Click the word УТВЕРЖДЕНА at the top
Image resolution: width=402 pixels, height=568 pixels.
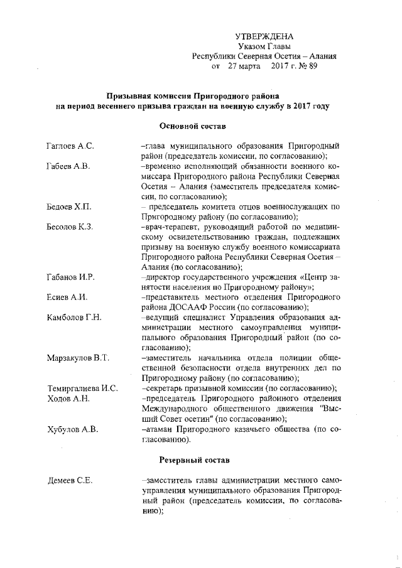264,37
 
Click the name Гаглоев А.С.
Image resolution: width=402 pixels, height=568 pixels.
70,146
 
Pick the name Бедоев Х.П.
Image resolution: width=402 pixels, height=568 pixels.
69,206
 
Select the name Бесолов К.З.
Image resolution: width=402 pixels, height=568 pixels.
70,227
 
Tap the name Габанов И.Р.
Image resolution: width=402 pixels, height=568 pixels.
71,277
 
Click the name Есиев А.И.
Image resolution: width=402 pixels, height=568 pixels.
67,297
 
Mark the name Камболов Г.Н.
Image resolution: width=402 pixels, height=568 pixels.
74,317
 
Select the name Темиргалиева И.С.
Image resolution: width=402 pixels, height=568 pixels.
83,388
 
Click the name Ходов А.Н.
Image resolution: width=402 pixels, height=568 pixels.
68,399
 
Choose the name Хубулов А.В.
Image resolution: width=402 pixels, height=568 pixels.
72,429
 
